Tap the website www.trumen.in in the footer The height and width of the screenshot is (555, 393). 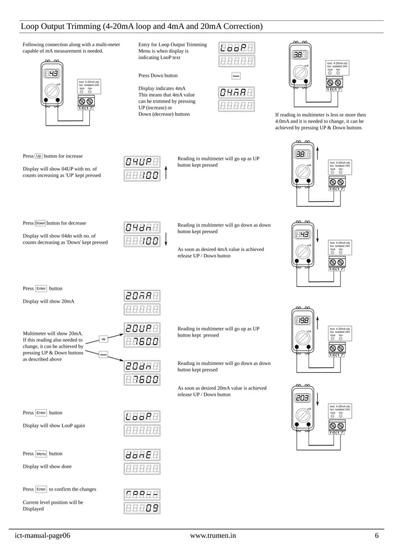213,535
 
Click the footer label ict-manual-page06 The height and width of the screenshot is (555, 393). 43,535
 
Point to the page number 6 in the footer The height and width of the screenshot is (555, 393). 376,535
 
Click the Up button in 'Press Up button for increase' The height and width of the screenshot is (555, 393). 38,156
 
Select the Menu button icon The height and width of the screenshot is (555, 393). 41,453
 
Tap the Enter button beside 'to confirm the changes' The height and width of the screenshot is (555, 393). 41,489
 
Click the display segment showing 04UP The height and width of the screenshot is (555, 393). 142,162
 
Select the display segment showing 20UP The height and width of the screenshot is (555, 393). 142,328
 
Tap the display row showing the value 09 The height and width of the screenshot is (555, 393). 142,508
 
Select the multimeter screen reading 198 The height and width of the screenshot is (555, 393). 303,321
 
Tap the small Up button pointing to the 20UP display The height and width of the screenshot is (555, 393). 103,339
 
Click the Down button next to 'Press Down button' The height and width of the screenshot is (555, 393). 236,76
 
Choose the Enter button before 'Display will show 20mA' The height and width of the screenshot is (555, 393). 41,288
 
